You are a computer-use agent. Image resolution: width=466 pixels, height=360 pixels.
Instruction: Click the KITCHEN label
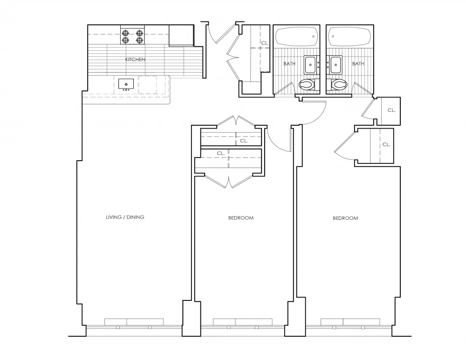pos(135,60)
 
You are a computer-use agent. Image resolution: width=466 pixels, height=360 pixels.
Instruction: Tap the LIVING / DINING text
pos(125,217)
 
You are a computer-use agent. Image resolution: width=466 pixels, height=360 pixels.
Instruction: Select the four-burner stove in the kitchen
pos(132,36)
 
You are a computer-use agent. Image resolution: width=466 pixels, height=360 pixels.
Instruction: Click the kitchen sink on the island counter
pos(126,84)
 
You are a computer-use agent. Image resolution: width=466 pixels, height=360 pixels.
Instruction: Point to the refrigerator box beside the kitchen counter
pos(181,35)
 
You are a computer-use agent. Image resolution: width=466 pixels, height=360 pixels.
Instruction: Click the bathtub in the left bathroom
pos(296,36)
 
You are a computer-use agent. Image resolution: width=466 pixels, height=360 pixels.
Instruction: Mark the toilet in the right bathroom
pos(339,85)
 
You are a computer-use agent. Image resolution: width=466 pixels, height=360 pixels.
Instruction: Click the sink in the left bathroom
pos(311,65)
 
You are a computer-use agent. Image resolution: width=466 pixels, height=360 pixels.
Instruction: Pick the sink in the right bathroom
pos(334,65)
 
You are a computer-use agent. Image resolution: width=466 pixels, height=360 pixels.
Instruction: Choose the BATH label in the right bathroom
pos(358,64)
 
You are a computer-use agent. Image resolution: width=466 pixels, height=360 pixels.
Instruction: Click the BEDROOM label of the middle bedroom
pos(241,218)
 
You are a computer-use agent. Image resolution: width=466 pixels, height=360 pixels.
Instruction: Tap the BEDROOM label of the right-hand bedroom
pos(345,218)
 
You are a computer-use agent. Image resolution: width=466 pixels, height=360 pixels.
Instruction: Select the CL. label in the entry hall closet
pos(265,43)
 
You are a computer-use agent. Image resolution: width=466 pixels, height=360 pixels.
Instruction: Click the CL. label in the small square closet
pos(391,110)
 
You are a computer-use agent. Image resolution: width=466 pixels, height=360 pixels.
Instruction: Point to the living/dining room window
pos(134,325)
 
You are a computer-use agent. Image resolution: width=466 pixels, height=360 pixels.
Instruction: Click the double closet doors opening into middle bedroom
pos(229,181)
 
